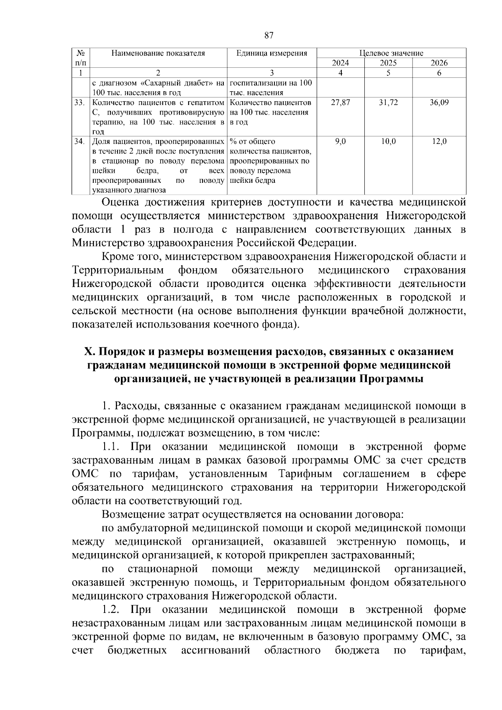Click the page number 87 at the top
pos(269,36)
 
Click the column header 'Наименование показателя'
pos(158,53)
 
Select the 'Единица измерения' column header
pos(272,53)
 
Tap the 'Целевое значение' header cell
pos(391,53)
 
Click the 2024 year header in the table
pos(340,63)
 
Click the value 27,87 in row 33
pos(340,103)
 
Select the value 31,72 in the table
pos(388,103)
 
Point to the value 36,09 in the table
pos(439,103)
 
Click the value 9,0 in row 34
pos(340,142)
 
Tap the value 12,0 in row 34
pos(439,142)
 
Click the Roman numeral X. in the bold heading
pos(90,352)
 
